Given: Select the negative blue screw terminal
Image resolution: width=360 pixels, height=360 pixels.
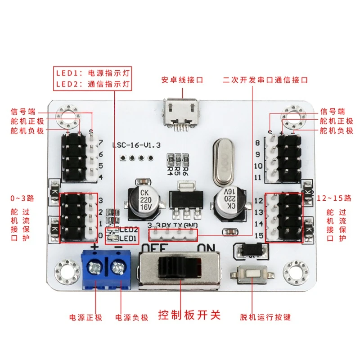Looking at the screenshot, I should (118, 269).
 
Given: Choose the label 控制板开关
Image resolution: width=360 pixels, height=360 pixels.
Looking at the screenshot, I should (189, 315).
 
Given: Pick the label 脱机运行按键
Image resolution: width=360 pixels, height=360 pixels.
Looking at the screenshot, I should (265, 317).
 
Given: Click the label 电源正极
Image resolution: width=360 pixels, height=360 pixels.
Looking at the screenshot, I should (86, 317).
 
